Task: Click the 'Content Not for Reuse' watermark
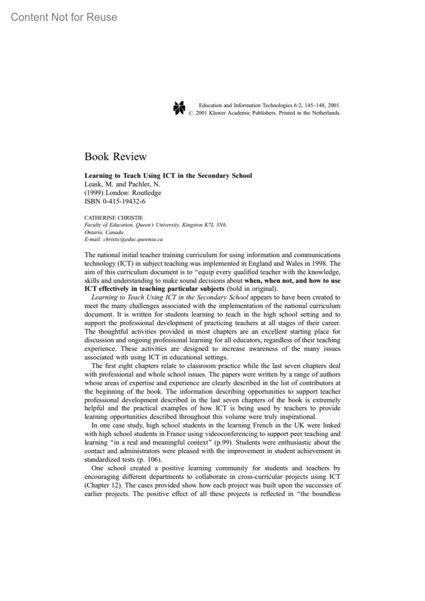pos(64,17)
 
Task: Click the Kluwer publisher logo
pos(179,108)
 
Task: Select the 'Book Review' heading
pos(115,156)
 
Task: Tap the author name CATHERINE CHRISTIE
pos(114,218)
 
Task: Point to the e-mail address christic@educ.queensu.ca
pos(133,239)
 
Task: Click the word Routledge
pos(146,193)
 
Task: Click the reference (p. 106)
pos(149,460)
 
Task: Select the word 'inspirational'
pos(297,417)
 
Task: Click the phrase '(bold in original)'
pos(252,289)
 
